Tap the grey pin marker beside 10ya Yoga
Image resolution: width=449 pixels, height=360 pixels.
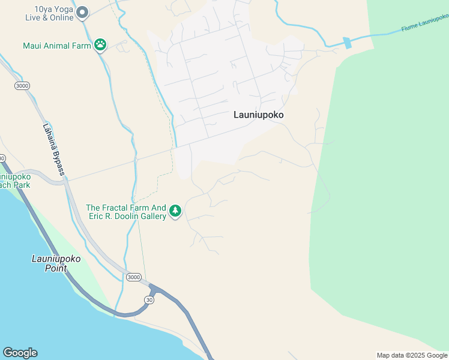[x=83, y=12]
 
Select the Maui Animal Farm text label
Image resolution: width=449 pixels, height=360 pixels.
[x=56, y=46]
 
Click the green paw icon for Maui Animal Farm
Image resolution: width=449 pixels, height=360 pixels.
[x=100, y=45]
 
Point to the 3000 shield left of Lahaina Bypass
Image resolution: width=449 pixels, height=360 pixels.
[x=22, y=86]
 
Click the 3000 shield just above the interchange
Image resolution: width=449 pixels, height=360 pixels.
[x=134, y=277]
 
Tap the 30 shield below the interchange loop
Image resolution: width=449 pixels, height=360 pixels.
[x=149, y=299]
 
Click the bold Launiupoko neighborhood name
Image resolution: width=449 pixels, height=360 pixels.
[x=258, y=115]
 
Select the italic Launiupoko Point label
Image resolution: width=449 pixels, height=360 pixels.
[x=56, y=263]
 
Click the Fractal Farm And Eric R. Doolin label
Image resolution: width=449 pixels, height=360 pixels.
[x=125, y=212]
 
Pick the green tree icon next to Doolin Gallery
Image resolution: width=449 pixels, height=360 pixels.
[x=175, y=211]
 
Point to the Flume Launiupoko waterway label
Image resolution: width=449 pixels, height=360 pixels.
[x=425, y=26]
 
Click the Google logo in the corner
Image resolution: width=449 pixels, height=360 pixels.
[x=20, y=353]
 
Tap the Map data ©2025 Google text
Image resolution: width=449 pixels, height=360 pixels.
[x=412, y=355]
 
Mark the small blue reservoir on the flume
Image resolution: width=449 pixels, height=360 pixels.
[x=347, y=43]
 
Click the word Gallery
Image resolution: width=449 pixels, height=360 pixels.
[x=151, y=217]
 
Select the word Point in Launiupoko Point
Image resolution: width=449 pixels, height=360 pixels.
[x=56, y=268]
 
